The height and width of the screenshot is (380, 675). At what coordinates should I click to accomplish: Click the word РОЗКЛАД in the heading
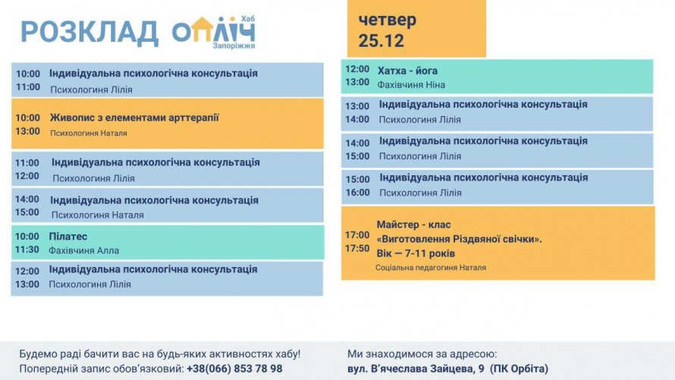click(89, 33)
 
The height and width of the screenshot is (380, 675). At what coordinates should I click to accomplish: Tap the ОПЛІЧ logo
click(213, 31)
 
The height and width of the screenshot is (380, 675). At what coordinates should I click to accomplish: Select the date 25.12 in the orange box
click(381, 40)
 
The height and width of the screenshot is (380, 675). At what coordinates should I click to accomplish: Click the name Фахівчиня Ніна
click(411, 85)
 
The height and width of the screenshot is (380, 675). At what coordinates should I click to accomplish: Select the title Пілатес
click(68, 237)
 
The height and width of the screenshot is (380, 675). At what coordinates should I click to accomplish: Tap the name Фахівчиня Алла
click(83, 250)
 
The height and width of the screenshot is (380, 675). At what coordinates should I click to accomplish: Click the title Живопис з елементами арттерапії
click(134, 118)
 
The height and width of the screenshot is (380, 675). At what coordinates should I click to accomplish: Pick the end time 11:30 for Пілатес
click(27, 250)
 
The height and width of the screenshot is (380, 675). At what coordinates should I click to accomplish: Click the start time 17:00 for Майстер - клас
click(357, 235)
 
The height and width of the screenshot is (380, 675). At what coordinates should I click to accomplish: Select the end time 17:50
click(357, 248)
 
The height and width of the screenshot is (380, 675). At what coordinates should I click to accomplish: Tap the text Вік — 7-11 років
click(416, 253)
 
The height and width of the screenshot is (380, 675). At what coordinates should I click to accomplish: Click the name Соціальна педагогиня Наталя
click(431, 268)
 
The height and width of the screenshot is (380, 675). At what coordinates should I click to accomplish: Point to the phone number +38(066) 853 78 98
click(234, 369)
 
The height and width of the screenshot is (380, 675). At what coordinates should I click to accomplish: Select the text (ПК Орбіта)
click(519, 369)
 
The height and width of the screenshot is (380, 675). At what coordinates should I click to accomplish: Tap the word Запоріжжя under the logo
click(234, 46)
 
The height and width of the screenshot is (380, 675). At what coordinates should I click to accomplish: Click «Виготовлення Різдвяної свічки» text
click(459, 239)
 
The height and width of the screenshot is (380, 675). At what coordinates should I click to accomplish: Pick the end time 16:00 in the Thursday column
click(357, 193)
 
